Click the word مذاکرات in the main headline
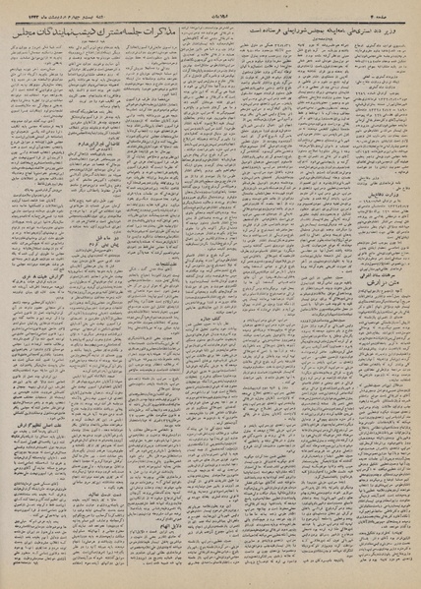click(242, 33)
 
